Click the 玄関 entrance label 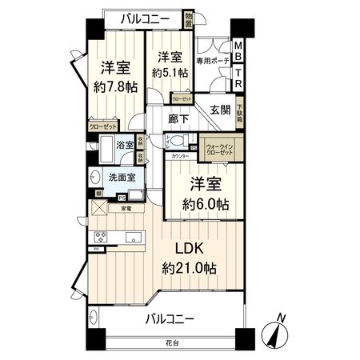pos(221,110)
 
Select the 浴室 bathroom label pos(124,147)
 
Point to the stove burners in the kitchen pos(102,236)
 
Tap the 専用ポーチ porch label pos(214,61)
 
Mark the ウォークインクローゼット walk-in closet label pos(221,150)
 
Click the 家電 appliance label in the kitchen pos(126,209)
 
